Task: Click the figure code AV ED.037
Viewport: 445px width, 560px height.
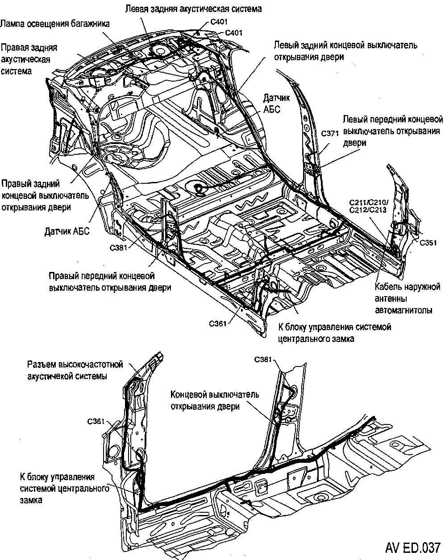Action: click(413, 547)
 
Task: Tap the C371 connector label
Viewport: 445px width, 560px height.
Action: click(330, 133)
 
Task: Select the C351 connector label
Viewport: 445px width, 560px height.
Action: click(428, 243)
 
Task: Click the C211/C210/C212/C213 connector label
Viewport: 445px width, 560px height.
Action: click(368, 206)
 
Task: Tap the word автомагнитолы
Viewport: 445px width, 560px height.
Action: click(403, 310)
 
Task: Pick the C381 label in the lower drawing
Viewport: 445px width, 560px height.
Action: click(264, 360)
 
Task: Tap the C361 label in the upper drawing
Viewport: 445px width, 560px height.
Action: click(217, 323)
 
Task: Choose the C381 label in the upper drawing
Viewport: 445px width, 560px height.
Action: click(120, 246)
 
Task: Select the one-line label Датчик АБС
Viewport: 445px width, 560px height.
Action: click(67, 231)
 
